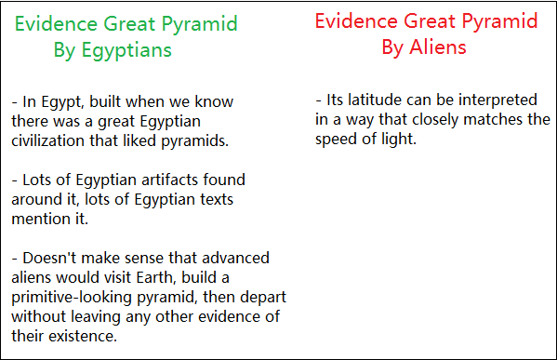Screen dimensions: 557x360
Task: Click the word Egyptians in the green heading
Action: (126, 50)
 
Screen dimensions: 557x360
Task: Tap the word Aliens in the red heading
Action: (438, 47)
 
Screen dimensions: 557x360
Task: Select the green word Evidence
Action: (56, 24)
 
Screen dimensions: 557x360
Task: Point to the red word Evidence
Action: (356, 21)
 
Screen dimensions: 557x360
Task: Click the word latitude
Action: (375, 100)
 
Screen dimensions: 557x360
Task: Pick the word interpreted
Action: (497, 100)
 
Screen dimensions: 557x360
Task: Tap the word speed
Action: (336, 140)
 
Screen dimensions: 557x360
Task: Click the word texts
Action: (217, 199)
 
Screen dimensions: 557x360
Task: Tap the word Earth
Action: (156, 277)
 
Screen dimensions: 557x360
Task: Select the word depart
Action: (263, 298)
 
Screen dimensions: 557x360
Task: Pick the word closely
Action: (435, 120)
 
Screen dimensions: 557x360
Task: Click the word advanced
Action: (235, 258)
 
